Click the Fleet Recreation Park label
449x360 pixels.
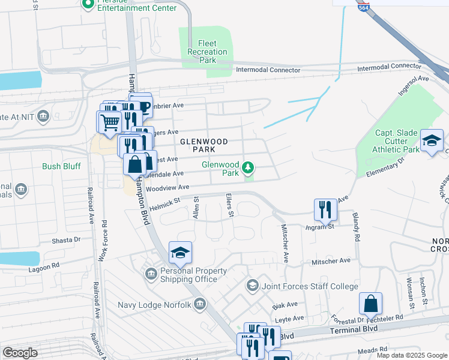coord(207,52)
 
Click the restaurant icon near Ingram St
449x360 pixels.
coord(325,209)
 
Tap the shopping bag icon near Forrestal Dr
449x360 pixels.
coord(370,304)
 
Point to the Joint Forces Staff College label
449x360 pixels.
coord(310,287)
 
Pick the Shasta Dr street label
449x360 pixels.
coord(66,239)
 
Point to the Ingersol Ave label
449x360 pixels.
coord(413,86)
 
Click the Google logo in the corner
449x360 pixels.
coord(20,353)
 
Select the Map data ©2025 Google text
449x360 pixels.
coord(411,355)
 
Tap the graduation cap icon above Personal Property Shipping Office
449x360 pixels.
coord(180,253)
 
